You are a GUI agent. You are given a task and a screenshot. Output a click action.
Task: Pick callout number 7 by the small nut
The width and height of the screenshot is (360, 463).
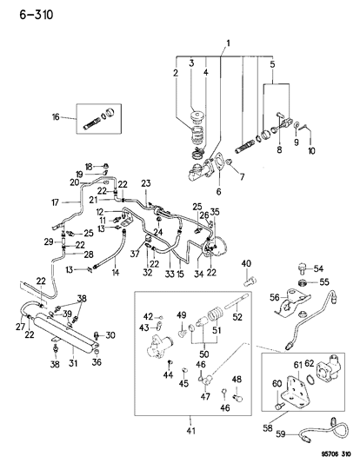241,177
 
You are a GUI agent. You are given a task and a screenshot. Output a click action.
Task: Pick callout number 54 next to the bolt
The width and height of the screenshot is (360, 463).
317,268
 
